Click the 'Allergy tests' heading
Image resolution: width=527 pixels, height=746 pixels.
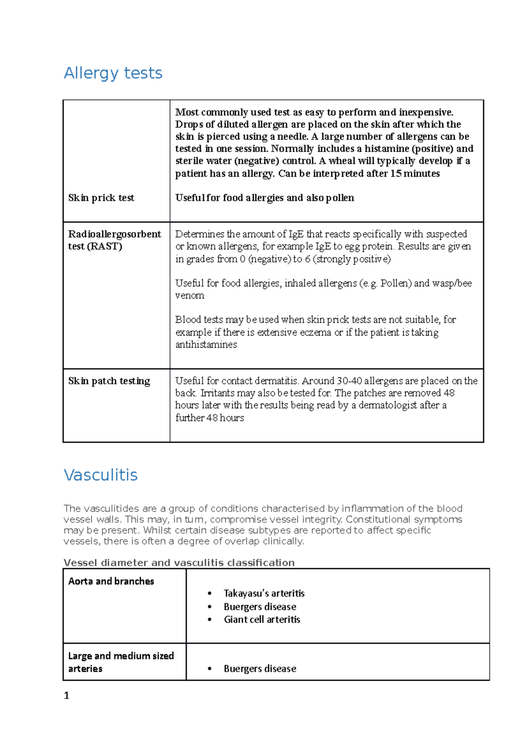[113, 73]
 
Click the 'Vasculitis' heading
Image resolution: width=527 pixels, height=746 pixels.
[101, 475]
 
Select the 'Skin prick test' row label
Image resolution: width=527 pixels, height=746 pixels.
[101, 198]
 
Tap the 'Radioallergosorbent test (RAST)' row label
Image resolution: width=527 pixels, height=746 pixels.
[114, 240]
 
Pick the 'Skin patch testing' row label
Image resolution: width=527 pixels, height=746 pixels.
[109, 381]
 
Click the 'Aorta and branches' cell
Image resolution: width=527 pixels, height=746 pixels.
[111, 581]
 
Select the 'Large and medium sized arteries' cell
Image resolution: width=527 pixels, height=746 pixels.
[121, 662]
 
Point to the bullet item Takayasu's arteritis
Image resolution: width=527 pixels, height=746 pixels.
[264, 594]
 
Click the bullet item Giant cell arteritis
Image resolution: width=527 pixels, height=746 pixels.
[262, 619]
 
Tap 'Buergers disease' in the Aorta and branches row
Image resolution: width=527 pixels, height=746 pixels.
[260, 607]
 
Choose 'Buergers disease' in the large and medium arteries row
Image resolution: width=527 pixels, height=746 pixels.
[260, 669]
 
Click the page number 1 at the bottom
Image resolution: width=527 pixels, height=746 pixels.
[66, 695]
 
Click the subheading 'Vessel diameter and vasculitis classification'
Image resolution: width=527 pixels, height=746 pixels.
[179, 563]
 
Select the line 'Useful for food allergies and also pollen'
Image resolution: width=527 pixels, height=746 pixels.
[264, 198]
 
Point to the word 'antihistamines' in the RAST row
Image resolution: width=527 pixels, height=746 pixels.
[206, 345]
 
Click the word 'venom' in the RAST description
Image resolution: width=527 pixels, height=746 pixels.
[190, 296]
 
